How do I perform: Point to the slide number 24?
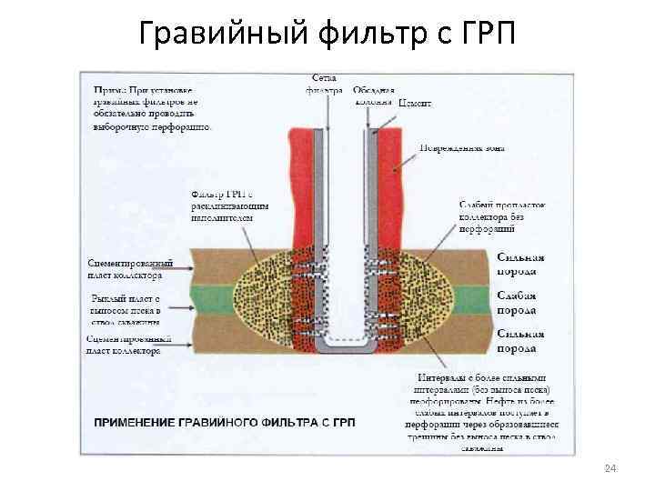tap(610, 468)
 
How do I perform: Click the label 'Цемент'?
tap(415, 104)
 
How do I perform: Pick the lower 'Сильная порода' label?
tap(520, 340)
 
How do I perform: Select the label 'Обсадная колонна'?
tap(373, 95)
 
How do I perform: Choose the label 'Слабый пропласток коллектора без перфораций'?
tap(500, 217)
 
